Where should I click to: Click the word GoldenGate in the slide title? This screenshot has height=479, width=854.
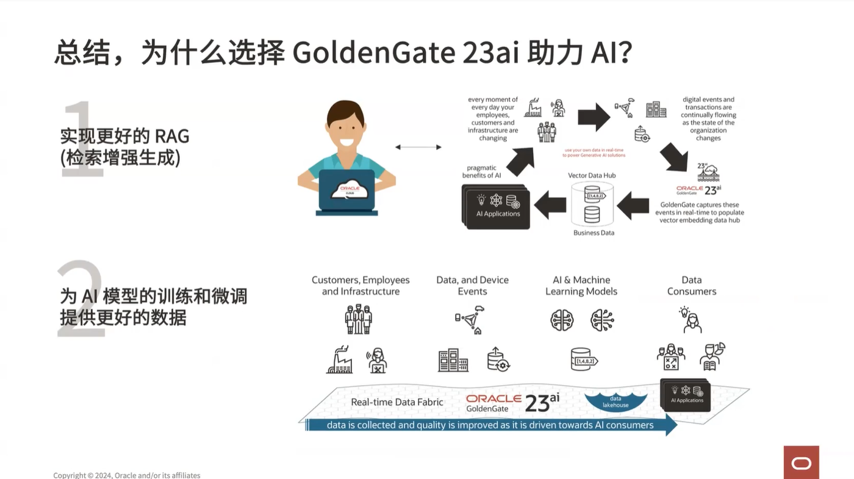click(x=373, y=53)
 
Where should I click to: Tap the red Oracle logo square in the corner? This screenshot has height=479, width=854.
click(x=801, y=462)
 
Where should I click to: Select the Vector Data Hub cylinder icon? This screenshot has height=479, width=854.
click(x=592, y=204)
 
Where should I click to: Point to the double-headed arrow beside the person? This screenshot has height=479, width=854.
click(x=418, y=147)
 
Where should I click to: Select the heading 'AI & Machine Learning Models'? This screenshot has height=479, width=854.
click(x=581, y=286)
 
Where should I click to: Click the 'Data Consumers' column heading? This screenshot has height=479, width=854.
click(x=691, y=286)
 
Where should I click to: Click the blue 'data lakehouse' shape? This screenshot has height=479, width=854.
click(x=615, y=402)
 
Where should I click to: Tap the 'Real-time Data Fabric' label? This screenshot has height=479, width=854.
click(x=397, y=402)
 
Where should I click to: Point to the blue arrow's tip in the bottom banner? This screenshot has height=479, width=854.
click(x=673, y=425)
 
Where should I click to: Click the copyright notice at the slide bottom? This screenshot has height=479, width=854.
click(x=126, y=475)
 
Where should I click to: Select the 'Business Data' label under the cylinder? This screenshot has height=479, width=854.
click(x=594, y=232)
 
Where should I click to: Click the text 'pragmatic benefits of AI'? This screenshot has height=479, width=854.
click(x=481, y=171)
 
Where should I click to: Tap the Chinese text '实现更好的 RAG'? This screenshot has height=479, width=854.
click(x=124, y=135)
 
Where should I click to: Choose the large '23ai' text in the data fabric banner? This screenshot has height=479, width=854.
click(x=542, y=402)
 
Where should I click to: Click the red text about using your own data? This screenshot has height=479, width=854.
click(x=594, y=153)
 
